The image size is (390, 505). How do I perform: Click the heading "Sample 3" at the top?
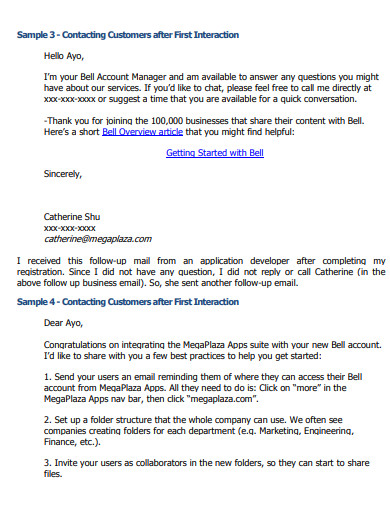point(128,35)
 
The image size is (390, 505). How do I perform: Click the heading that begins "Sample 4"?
point(128,301)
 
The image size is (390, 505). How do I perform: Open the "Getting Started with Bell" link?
point(214,153)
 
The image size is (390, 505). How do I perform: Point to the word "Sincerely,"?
point(62,174)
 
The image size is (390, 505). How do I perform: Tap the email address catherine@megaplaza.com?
point(97,239)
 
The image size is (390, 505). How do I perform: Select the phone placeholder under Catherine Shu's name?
point(70,228)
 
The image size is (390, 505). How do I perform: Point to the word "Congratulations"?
point(81,344)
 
